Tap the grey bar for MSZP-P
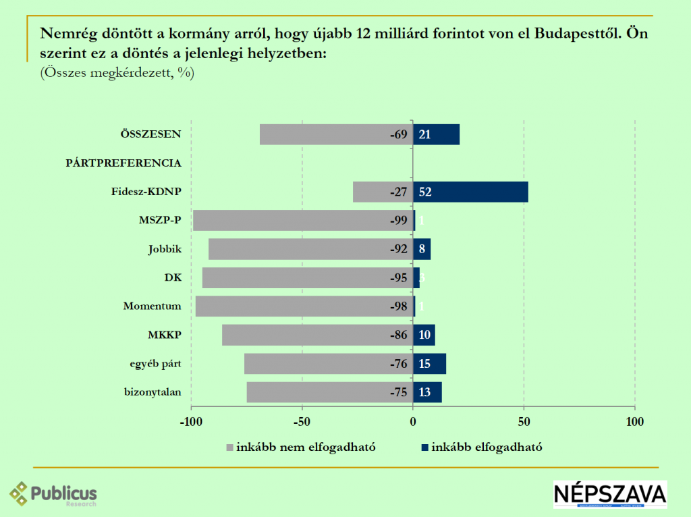click(x=290, y=221)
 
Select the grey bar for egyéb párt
click(x=317, y=364)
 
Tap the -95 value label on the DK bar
click(x=399, y=278)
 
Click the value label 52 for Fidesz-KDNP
click(x=425, y=192)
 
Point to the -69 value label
click(x=399, y=134)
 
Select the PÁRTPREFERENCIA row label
click(x=123, y=163)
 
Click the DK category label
click(x=173, y=277)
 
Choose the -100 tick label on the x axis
click(x=191, y=422)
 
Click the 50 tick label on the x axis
click(x=524, y=422)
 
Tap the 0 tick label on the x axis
click(x=413, y=422)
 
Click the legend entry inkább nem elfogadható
click(x=300, y=447)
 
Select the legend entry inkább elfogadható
click(x=482, y=447)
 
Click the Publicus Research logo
click(x=53, y=494)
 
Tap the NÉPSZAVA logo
click(x=610, y=494)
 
